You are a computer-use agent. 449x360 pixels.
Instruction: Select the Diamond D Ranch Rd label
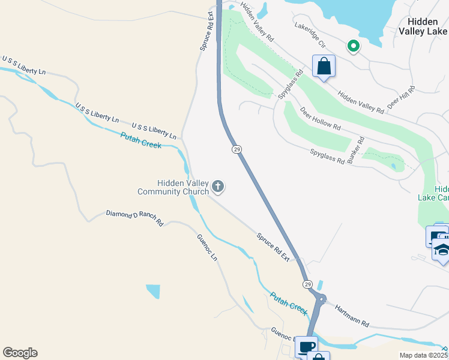[x=135, y=217]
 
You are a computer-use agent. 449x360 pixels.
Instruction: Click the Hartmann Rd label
[x=352, y=314]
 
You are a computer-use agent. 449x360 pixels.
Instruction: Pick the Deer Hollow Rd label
[x=321, y=119]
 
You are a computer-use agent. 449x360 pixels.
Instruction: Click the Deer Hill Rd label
[x=401, y=97]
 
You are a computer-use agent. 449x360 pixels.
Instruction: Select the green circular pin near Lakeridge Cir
[x=354, y=46]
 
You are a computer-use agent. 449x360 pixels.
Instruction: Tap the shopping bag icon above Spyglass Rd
[x=324, y=65]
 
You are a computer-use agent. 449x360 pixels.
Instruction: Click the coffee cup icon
[x=306, y=347]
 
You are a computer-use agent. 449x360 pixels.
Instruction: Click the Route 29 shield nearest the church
[x=237, y=148]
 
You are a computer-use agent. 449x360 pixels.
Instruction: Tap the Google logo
[x=20, y=353]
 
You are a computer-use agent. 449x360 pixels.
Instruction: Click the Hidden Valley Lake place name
[x=423, y=26]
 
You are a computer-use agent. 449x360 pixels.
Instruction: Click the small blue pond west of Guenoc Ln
[x=153, y=291]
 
